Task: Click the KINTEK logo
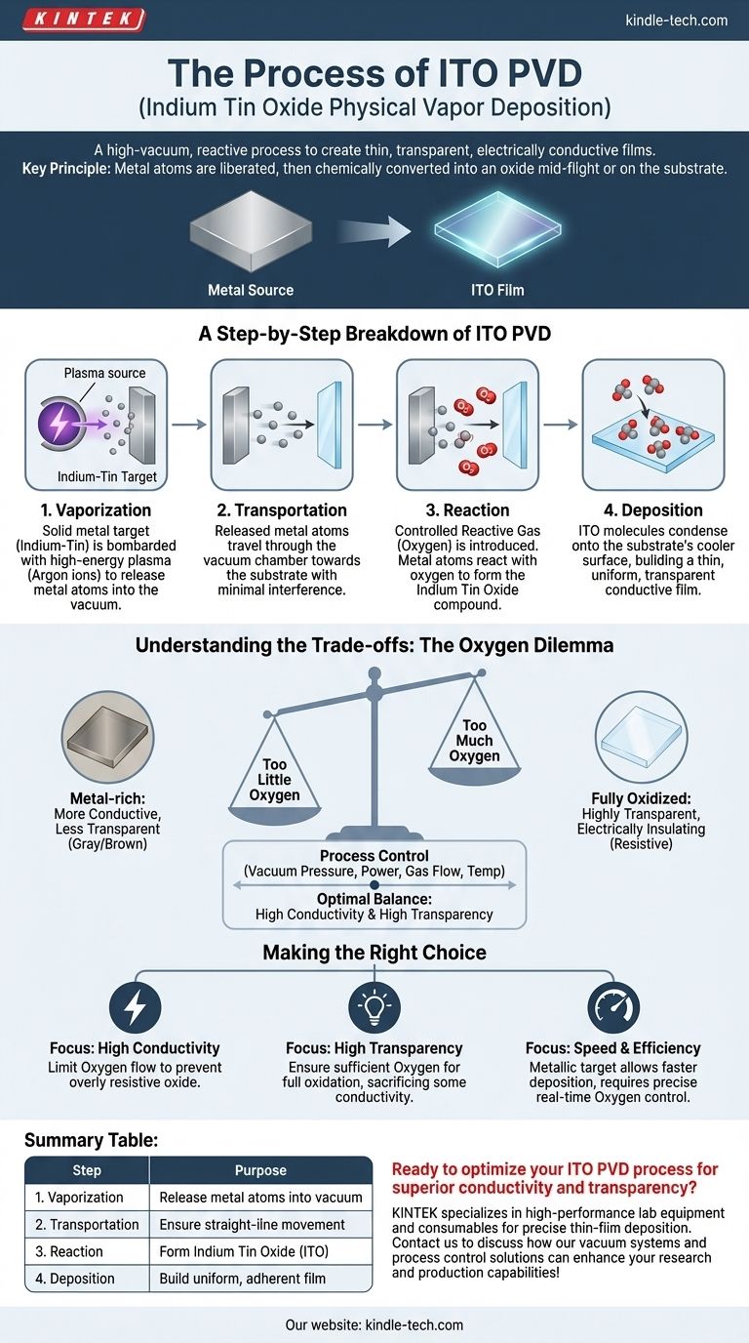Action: [x=83, y=19]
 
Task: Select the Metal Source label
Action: [x=251, y=290]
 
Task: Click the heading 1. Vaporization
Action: [x=96, y=510]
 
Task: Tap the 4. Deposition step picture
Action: [x=652, y=425]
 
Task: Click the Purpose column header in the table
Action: [x=260, y=1170]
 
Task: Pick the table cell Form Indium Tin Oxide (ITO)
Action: [x=260, y=1251]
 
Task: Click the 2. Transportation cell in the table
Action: [x=87, y=1224]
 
